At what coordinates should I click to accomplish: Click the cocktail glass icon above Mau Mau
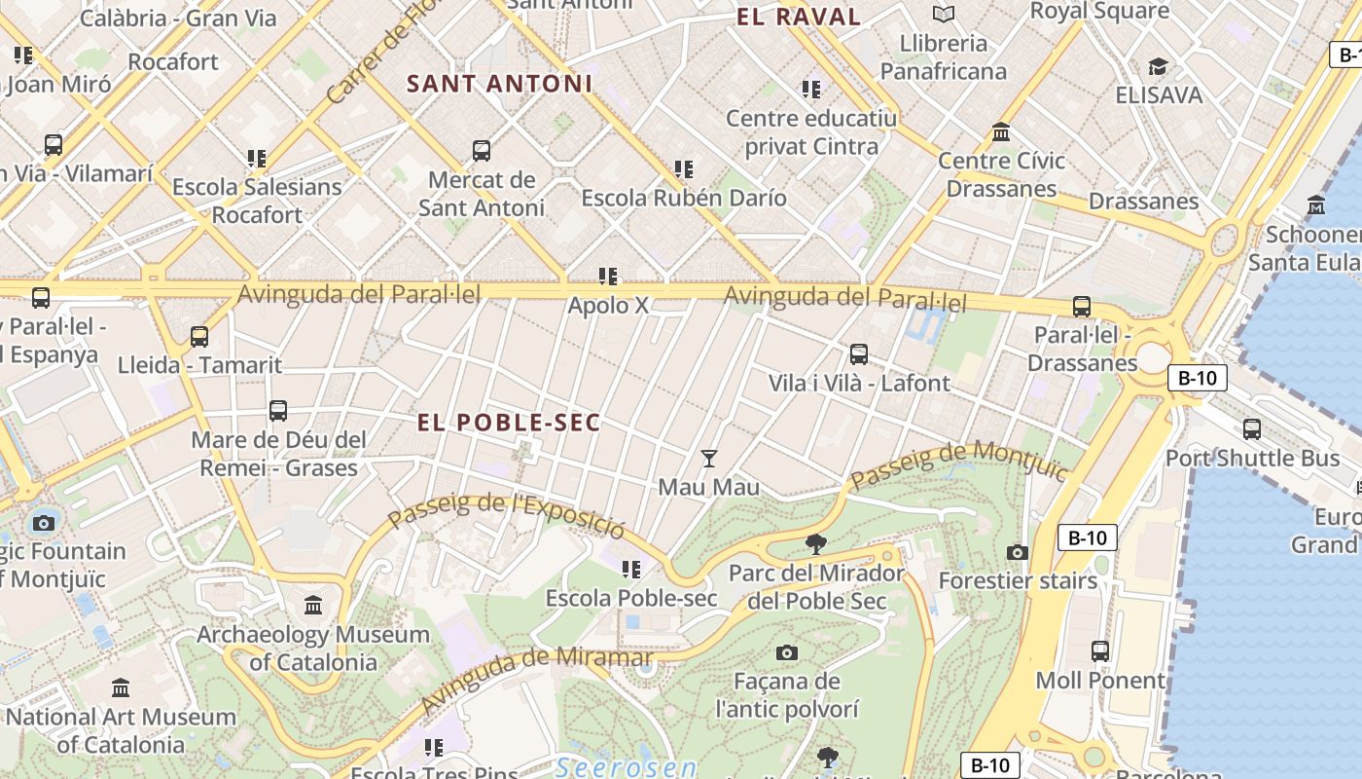point(709,458)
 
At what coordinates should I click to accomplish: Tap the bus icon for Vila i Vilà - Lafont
point(858,354)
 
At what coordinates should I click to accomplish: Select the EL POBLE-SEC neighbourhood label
point(509,423)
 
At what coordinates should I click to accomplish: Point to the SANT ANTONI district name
point(500,84)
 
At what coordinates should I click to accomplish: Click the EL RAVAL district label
point(799,17)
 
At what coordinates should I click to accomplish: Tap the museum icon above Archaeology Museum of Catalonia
point(313,606)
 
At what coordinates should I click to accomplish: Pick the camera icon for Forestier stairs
point(1018,552)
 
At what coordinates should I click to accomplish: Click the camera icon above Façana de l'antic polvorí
point(787,652)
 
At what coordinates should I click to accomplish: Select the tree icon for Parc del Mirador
point(816,543)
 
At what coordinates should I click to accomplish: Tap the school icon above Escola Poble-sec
point(631,569)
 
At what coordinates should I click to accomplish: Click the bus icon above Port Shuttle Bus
point(1252,428)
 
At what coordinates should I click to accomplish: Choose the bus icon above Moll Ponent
point(1100,650)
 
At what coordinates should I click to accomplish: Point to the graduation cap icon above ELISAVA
point(1158,66)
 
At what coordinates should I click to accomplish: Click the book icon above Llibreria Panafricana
point(943,14)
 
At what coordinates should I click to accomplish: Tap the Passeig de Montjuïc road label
point(959,465)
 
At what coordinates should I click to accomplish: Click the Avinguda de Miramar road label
point(524,679)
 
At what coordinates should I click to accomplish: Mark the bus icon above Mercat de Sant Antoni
point(481,151)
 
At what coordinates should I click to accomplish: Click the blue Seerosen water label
point(627,767)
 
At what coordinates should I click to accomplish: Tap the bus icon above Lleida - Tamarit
point(199,337)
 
